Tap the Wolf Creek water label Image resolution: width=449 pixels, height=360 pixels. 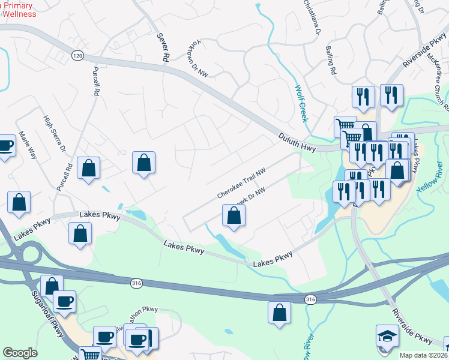coord(301,103)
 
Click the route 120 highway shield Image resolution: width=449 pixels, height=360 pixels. coord(77,56)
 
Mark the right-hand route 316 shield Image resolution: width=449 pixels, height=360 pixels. coord(310,299)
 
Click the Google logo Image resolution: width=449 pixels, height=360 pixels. coord(20,353)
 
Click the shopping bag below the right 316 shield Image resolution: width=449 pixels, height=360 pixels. coord(279,313)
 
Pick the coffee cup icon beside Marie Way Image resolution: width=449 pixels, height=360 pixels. coord(5,146)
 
